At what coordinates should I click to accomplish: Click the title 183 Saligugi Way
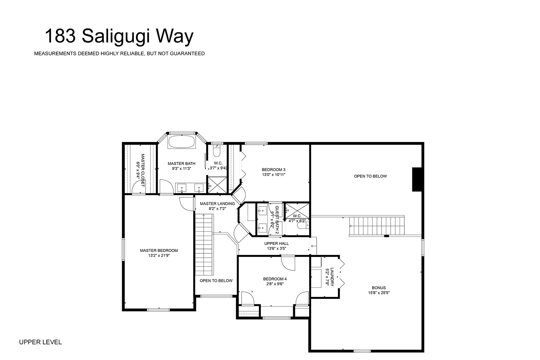[x=119, y=37]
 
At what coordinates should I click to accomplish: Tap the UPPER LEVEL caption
[x=40, y=342]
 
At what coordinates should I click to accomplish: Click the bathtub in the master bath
[x=182, y=142]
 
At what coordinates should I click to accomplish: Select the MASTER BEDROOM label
[x=159, y=251]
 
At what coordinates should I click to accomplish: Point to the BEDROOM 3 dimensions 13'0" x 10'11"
[x=274, y=175]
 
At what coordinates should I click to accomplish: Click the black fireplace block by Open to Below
[x=417, y=179]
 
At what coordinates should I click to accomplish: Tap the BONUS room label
[x=379, y=288]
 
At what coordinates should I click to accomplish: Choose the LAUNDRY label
[x=332, y=277]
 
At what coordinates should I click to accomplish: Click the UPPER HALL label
[x=277, y=244]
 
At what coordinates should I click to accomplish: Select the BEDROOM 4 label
[x=275, y=279]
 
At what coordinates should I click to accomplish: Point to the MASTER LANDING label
[x=217, y=204]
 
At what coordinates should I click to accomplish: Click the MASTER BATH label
[x=182, y=164]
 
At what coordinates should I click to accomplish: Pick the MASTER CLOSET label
[x=143, y=170]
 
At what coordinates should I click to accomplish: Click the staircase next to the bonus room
[x=377, y=226]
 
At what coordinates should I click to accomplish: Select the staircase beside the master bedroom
[x=204, y=244]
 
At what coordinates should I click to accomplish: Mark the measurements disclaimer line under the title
[x=119, y=54]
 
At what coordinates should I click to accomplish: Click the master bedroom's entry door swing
[x=187, y=204]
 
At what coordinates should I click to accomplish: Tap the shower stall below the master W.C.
[x=217, y=185]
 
